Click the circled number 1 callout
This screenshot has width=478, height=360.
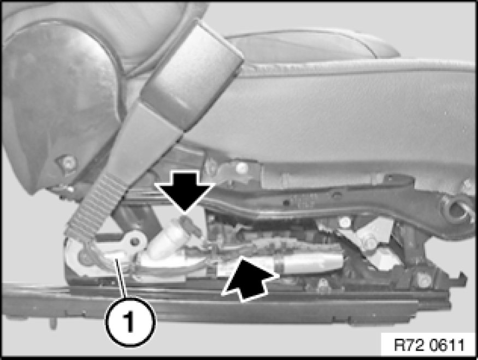131,322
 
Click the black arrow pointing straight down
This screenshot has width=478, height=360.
186,191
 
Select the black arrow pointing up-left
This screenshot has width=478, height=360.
249,279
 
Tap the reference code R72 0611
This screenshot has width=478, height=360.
429,345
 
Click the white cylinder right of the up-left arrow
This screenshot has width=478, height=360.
309,262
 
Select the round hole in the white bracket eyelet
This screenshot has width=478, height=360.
135,242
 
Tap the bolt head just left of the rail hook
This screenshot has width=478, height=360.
424,280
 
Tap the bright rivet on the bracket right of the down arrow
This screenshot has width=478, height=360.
241,167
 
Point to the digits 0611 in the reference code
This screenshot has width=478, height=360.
447,345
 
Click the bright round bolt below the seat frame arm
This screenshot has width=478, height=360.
345,222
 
